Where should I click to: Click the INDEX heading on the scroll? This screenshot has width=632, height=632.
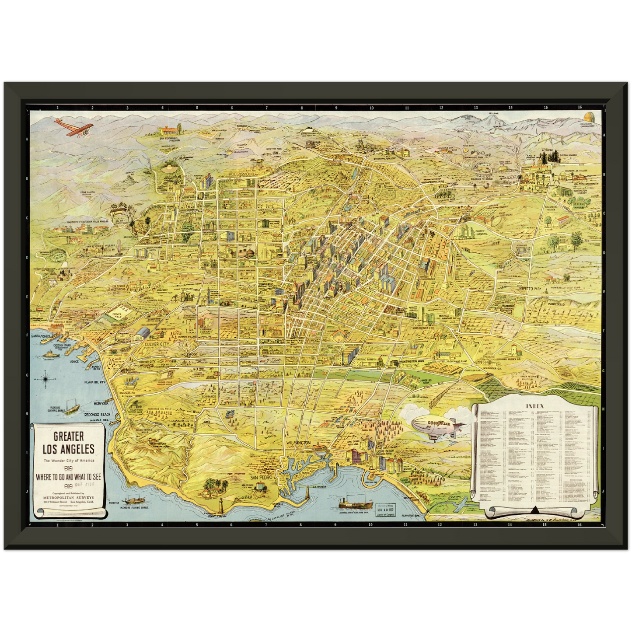coord(534,406)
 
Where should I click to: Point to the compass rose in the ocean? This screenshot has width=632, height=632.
coord(46,377)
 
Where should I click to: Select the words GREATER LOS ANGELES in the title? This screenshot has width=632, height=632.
coord(68,443)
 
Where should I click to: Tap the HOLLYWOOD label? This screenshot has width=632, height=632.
coord(241,174)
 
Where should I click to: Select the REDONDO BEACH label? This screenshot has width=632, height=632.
coord(97,414)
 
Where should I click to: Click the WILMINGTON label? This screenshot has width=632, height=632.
coord(298,443)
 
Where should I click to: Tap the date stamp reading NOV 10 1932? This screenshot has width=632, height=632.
coord(385,510)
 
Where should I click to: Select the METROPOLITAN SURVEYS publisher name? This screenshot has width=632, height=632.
coord(68,497)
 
